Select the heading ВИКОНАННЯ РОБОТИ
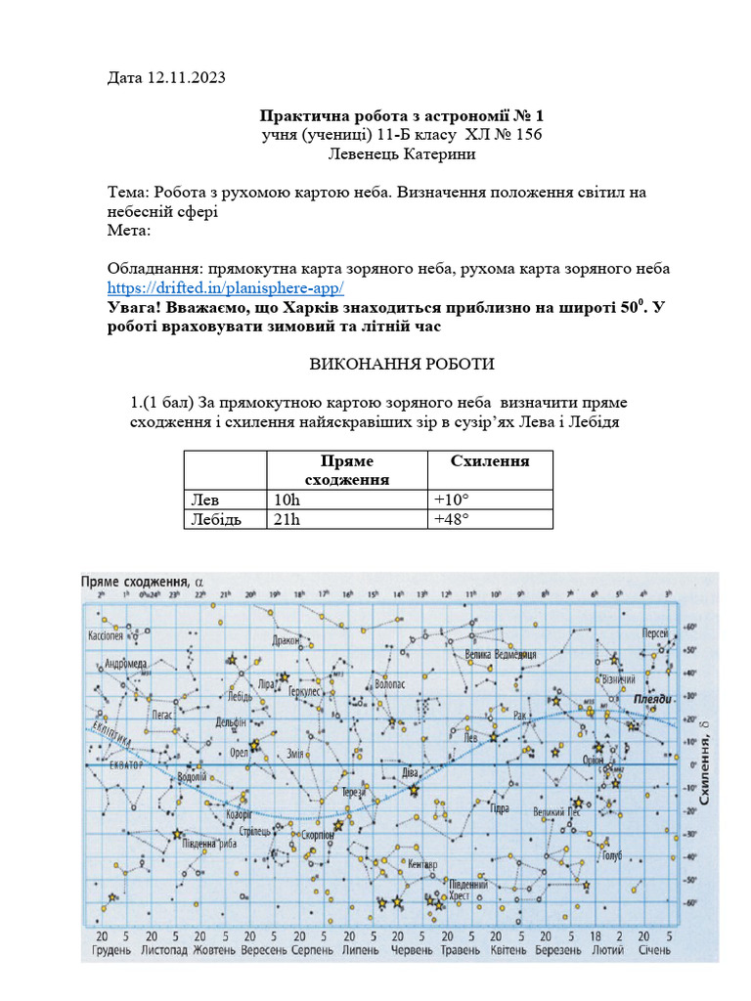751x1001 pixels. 402,365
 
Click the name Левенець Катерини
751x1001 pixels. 402,153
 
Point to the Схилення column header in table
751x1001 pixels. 489,460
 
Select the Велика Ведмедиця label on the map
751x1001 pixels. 502,653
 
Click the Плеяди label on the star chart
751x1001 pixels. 651,700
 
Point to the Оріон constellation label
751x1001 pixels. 594,760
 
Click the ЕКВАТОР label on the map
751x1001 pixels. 126,766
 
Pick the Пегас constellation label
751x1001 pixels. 161,715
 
